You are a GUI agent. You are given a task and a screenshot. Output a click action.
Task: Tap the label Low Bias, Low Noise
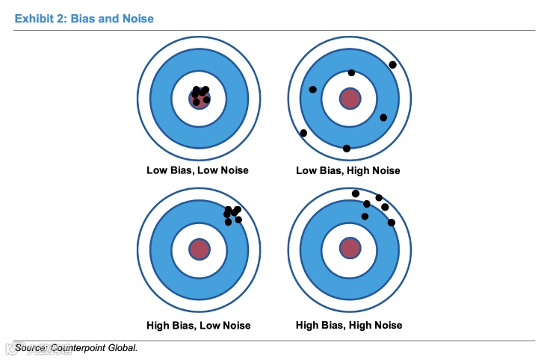197,170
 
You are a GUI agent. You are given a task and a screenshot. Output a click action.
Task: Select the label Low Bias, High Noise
348,170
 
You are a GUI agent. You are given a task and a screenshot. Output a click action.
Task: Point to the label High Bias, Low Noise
198,325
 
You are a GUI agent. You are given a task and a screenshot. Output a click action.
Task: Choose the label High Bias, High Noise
349,325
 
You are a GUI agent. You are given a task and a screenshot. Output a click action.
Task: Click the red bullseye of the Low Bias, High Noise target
349,98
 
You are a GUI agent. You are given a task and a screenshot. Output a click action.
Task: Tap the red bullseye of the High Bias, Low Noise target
199,249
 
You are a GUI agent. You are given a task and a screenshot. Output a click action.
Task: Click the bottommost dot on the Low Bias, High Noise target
346,148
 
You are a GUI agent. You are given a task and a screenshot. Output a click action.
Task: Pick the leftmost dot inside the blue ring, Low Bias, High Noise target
312,90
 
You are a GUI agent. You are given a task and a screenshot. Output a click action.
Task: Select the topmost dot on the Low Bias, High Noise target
351,72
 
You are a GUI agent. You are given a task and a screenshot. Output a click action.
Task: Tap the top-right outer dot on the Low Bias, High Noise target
393,64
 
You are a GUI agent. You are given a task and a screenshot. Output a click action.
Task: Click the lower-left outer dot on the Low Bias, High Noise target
303,133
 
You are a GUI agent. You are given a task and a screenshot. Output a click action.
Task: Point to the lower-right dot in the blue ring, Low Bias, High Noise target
383,117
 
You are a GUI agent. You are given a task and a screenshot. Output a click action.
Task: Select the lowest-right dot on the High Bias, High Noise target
391,223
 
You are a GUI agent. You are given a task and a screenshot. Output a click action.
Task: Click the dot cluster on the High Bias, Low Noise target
232,214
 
